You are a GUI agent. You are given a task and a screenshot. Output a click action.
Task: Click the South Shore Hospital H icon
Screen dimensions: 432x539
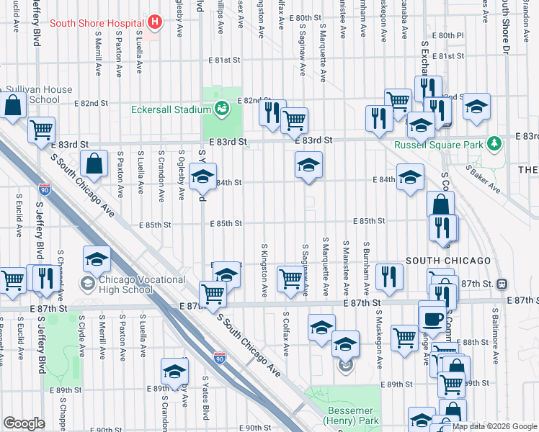[153, 22]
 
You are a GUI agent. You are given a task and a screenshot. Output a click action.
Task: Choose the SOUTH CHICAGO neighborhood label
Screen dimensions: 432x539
[448, 260]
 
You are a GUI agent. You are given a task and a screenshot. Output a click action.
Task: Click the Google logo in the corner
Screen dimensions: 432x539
[24, 423]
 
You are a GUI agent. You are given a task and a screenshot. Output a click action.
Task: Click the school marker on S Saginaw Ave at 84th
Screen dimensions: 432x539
[308, 166]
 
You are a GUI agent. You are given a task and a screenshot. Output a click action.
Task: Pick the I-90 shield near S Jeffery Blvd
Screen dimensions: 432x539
[45, 190]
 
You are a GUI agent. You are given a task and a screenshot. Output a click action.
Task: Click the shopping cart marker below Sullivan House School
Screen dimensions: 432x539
[42, 130]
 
